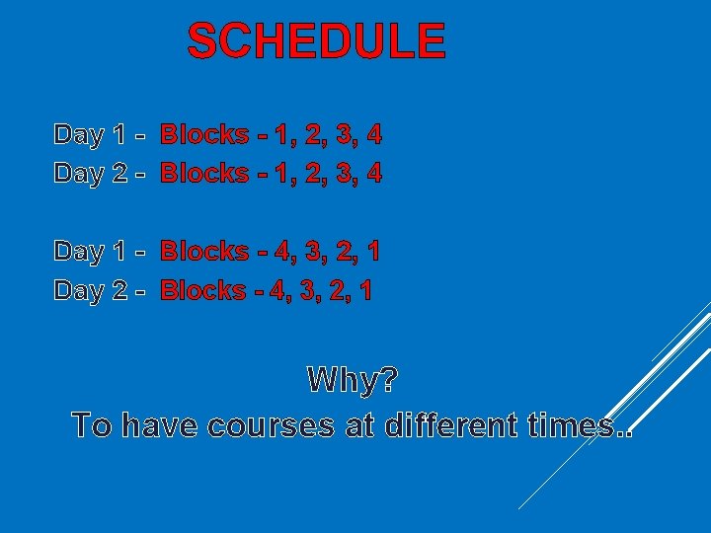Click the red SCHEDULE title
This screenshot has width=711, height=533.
tap(316, 41)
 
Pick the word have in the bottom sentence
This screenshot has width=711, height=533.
tap(162, 426)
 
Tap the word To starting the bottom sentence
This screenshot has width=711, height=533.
tap(92, 426)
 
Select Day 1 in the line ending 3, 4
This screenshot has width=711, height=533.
tap(90, 134)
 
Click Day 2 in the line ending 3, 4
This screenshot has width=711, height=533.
tap(90, 174)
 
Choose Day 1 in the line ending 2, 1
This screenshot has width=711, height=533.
tap(90, 252)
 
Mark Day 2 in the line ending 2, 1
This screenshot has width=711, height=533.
tap(90, 291)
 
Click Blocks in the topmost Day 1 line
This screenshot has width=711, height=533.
tap(204, 134)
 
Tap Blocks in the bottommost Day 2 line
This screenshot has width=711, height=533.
tap(204, 291)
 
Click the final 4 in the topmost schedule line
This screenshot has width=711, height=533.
tap(373, 134)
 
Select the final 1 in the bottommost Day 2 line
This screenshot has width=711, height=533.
tap(367, 291)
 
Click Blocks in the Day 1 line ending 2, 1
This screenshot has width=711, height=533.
tap(204, 252)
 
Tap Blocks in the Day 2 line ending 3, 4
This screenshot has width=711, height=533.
tap(204, 174)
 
